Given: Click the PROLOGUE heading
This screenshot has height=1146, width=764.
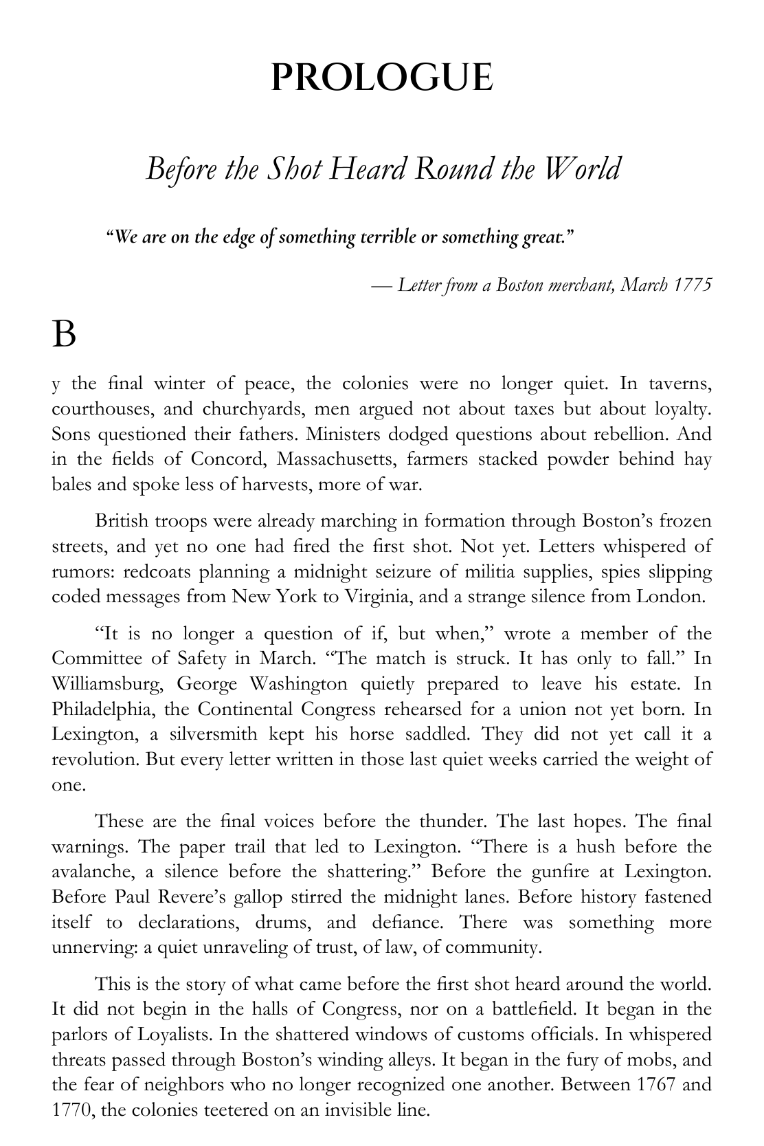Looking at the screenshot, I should [x=382, y=77].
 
